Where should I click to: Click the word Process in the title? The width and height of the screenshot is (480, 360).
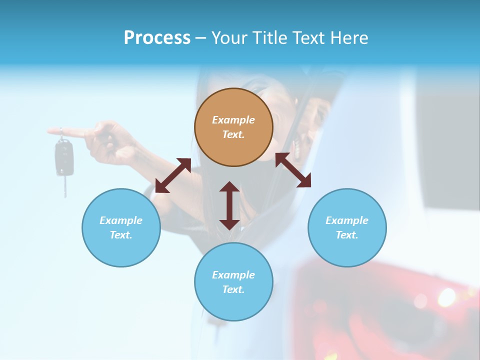tap(157, 38)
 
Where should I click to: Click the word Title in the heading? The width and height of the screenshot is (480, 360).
tap(270, 38)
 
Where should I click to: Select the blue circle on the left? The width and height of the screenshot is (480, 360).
tap(121, 227)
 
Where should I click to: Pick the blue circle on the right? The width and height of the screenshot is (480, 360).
tap(347, 227)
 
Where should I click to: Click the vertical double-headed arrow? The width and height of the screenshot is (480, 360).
tap(229, 205)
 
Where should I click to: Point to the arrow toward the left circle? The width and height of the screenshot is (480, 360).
tap(173, 175)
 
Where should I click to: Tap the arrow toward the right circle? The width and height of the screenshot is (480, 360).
tap(293, 170)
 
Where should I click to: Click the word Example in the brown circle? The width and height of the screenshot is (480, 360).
tap(233, 120)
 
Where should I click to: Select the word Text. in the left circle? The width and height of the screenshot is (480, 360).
tap(121, 235)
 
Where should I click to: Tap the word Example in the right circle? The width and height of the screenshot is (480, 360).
tap(347, 220)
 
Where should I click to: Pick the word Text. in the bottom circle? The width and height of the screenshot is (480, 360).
tap(233, 289)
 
